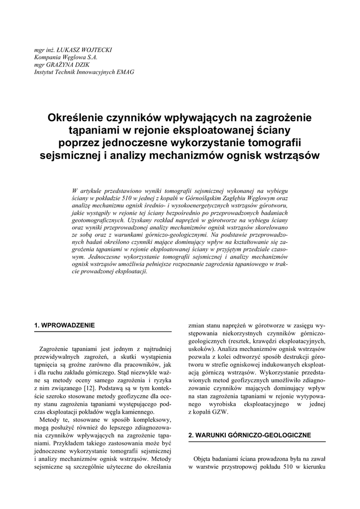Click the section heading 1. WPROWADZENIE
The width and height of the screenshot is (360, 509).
pos(64,325)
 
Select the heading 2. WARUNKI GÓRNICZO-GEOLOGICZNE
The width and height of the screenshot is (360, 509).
pos(250,435)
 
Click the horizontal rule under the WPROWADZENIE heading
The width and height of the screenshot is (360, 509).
pos(103,332)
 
